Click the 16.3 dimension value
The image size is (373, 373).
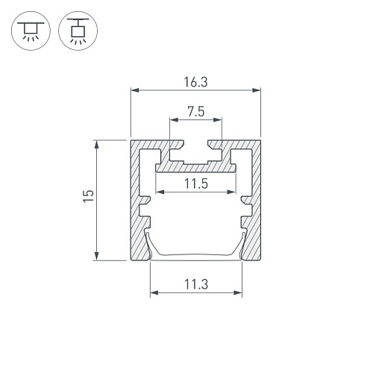click(x=195, y=82)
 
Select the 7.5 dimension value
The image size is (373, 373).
click(x=196, y=112)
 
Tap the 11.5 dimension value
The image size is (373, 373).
click(x=196, y=184)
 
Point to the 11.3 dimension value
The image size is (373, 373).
click(x=196, y=284)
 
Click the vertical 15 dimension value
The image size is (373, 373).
click(x=89, y=196)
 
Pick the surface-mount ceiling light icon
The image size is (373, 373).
click(x=31, y=31)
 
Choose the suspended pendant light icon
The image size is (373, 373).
click(x=78, y=31)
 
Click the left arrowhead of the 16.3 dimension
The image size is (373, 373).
click(x=135, y=90)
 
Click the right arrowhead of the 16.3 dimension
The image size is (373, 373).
click(x=257, y=90)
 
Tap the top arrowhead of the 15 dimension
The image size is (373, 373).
click(x=96, y=145)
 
